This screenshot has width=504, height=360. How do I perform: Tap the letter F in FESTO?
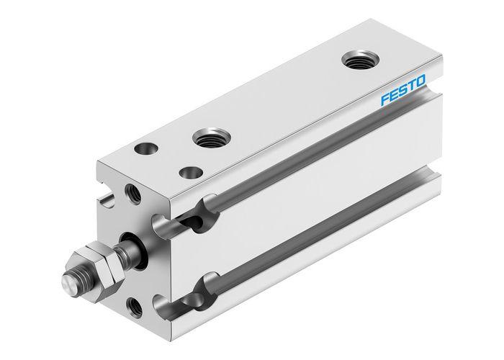click(x=385, y=99)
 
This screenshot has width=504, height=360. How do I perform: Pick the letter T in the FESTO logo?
click(x=412, y=86)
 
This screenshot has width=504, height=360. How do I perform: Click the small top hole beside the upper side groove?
click(x=192, y=172)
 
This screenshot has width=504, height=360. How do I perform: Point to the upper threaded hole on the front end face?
click(x=134, y=193)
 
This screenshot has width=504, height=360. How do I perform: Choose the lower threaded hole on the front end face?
click(x=134, y=307)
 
